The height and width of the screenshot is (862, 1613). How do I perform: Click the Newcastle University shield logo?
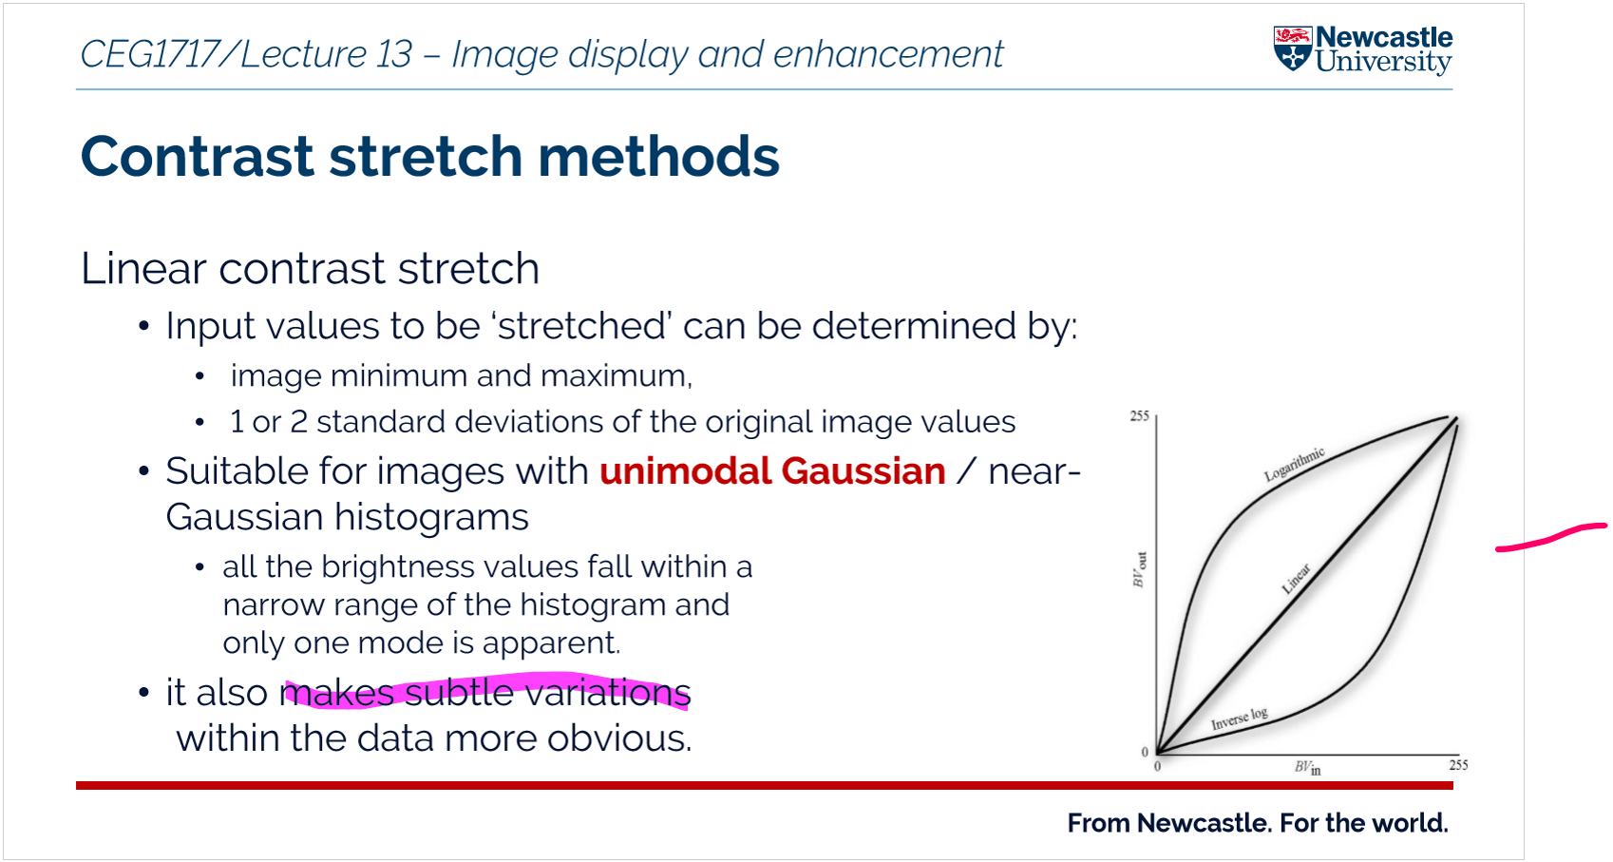pyautogui.click(x=1293, y=48)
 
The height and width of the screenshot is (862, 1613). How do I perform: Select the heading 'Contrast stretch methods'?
pyautogui.click(x=430, y=156)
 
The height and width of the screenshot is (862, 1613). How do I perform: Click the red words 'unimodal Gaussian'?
pyautogui.click(x=772, y=471)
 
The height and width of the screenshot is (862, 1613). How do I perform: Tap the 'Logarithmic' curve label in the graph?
pyautogui.click(x=1295, y=465)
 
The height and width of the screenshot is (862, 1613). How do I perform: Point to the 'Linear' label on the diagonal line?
pyautogui.click(x=1296, y=578)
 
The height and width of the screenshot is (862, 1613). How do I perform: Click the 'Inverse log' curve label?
pyautogui.click(x=1240, y=718)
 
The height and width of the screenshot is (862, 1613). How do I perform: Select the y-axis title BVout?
pyautogui.click(x=1139, y=569)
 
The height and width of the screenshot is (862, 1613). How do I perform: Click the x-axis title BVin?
pyautogui.click(x=1307, y=768)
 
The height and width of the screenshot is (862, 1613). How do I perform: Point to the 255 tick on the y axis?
pyautogui.click(x=1139, y=416)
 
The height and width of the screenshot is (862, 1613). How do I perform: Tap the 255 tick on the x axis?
pyautogui.click(x=1458, y=765)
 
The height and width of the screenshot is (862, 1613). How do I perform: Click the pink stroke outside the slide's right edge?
pyautogui.click(x=1551, y=537)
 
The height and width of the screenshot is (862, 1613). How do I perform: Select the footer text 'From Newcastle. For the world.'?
pyautogui.click(x=1258, y=822)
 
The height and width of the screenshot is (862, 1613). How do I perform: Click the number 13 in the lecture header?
pyautogui.click(x=393, y=54)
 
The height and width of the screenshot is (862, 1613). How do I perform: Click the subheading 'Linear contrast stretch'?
pyautogui.click(x=310, y=268)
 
